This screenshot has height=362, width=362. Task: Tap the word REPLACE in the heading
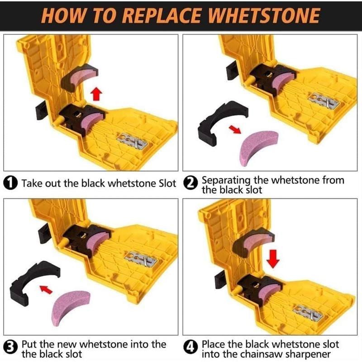161,15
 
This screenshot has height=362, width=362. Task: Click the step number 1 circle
10,183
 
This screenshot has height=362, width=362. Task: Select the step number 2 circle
191,183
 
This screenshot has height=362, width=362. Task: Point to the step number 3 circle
10,348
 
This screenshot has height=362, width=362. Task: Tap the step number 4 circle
191,348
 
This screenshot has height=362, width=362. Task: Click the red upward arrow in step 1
96,94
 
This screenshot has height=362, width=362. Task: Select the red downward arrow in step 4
273,258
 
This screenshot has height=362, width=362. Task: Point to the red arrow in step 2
235,129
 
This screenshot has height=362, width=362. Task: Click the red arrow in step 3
46,289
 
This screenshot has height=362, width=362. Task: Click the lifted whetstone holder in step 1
80,77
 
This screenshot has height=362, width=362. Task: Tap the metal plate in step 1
132,141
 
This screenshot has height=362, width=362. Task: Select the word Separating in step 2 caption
226,181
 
